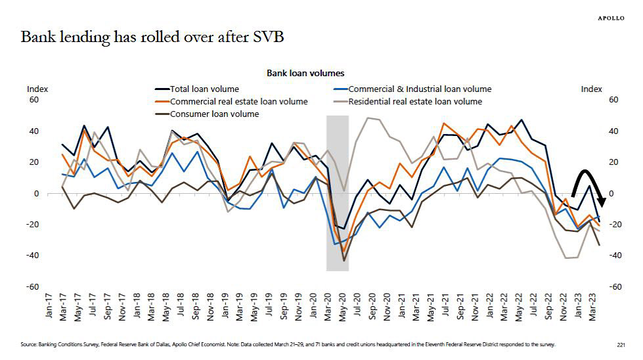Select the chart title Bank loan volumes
(305, 74)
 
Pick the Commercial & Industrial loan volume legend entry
(419, 89)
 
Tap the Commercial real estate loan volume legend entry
(238, 101)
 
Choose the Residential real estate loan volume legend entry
(414, 101)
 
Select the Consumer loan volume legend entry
(214, 114)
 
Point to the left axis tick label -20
(32, 225)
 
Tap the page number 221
(621, 344)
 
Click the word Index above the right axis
(591, 89)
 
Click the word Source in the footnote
(29, 344)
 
